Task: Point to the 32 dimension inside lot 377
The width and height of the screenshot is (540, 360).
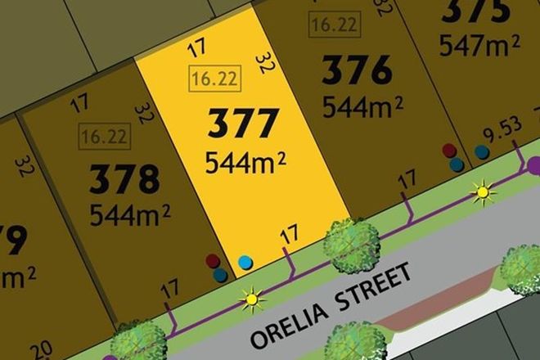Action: click(x=264, y=62)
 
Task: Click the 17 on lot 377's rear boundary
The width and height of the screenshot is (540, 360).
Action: click(x=195, y=49)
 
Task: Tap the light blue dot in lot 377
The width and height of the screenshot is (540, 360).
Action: click(x=245, y=263)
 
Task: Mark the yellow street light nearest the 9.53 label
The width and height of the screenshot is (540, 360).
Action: click(x=484, y=194)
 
